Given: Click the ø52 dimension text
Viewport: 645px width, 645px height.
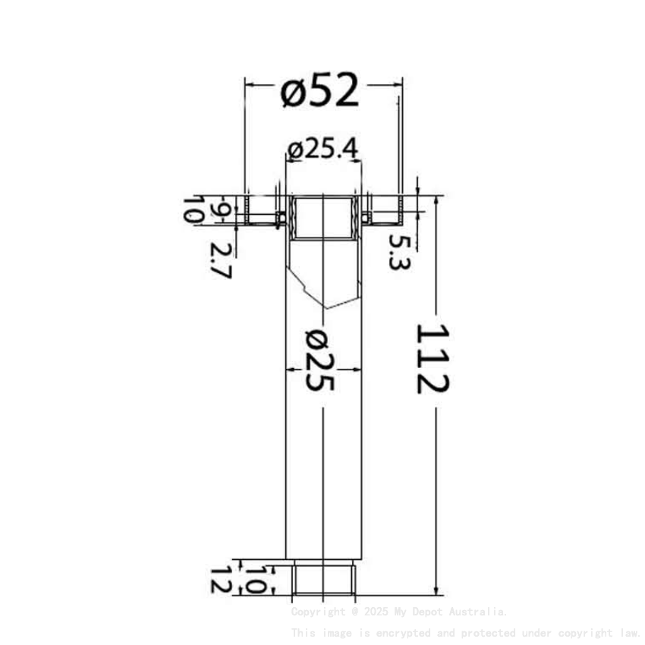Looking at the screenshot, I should (x=319, y=93).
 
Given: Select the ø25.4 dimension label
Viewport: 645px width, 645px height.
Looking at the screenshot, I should (x=322, y=149).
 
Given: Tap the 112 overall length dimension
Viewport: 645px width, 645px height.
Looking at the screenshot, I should (x=432, y=358).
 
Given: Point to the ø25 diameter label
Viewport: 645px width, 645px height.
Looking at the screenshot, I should (x=319, y=360).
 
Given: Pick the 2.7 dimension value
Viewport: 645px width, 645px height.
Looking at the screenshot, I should (x=220, y=260).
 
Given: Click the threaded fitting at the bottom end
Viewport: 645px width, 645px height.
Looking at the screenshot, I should (x=324, y=578).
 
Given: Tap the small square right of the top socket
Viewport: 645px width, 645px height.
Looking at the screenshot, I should (x=366, y=218).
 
